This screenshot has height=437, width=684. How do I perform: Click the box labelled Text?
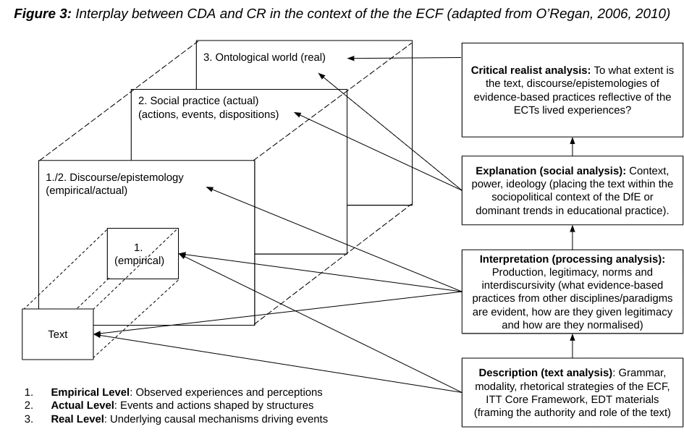click(x=58, y=334)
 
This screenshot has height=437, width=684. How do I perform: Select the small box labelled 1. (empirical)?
click(x=143, y=254)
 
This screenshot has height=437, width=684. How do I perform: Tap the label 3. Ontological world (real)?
click(x=264, y=57)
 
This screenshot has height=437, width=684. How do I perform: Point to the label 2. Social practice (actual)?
click(x=198, y=100)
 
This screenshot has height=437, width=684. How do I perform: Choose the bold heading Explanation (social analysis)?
click(x=551, y=171)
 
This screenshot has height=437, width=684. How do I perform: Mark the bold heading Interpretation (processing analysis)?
click(x=572, y=258)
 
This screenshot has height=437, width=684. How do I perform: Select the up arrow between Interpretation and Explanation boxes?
click(x=573, y=237)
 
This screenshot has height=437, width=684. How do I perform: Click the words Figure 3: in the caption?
click(x=46, y=14)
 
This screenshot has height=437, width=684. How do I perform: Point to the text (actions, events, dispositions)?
click(x=208, y=114)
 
